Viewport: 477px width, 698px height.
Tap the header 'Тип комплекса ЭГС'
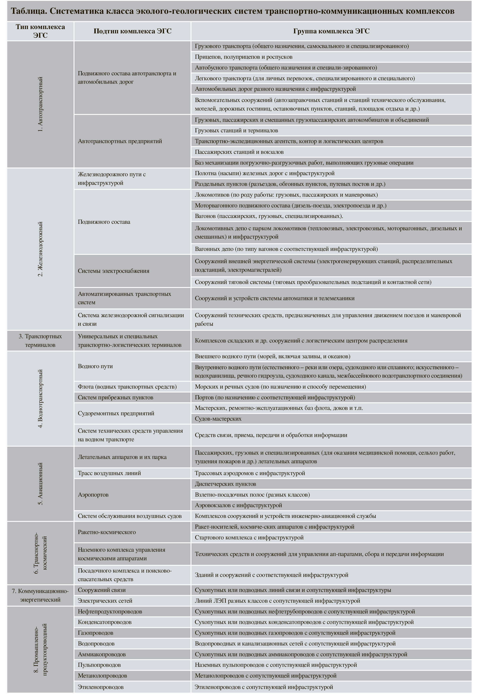pyautogui.click(x=40, y=31)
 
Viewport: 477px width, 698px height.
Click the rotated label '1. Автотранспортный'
pyautogui.click(x=40, y=104)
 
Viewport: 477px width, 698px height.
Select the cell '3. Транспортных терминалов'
pyautogui.click(x=40, y=341)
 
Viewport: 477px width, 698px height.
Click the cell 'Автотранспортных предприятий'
pyautogui.click(x=120, y=141)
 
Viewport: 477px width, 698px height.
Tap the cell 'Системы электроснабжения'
pyautogui.click(x=114, y=271)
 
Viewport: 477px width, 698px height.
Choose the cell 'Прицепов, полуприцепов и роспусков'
pyautogui.click(x=243, y=57)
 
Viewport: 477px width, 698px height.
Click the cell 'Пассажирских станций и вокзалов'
pyautogui.click(x=239, y=152)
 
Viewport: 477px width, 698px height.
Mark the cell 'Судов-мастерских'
pyautogui.click(x=218, y=419)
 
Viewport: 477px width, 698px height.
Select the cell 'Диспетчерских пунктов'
pyautogui.click(x=225, y=484)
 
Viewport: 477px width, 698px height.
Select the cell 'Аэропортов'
pyautogui.click(x=93, y=495)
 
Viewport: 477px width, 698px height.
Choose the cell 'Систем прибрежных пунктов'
pyautogui.click(x=115, y=397)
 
